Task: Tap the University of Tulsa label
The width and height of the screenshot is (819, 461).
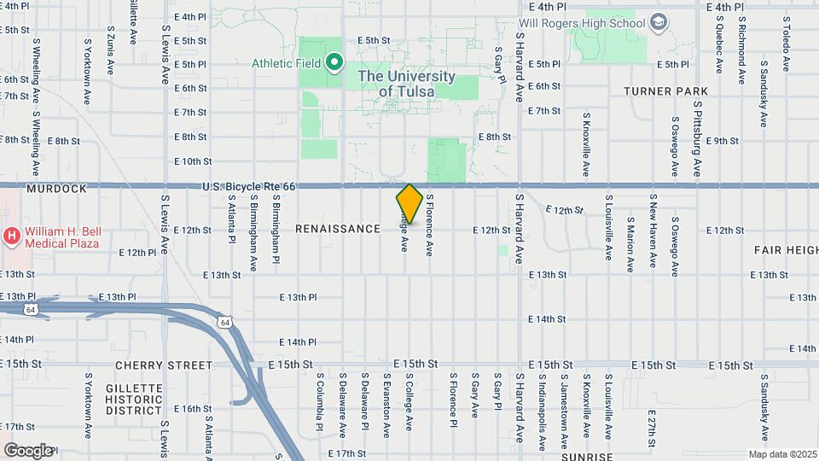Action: pos(406,84)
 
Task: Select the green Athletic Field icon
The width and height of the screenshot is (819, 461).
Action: pos(334,63)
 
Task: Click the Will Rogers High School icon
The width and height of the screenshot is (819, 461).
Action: pos(658,22)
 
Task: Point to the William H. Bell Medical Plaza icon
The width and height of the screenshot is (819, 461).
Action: pos(13,235)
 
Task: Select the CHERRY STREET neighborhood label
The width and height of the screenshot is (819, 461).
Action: pos(163,365)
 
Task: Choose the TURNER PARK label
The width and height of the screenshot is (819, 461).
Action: pos(666,91)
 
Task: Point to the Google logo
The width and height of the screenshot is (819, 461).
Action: pos(27,450)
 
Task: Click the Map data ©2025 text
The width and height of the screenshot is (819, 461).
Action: pos(781,454)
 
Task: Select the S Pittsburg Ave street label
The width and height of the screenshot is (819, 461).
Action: pos(697,139)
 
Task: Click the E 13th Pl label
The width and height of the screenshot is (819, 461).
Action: pos(298,297)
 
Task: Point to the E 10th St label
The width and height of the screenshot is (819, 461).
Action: pos(192,161)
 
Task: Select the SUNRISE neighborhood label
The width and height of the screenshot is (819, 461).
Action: pos(587,457)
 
